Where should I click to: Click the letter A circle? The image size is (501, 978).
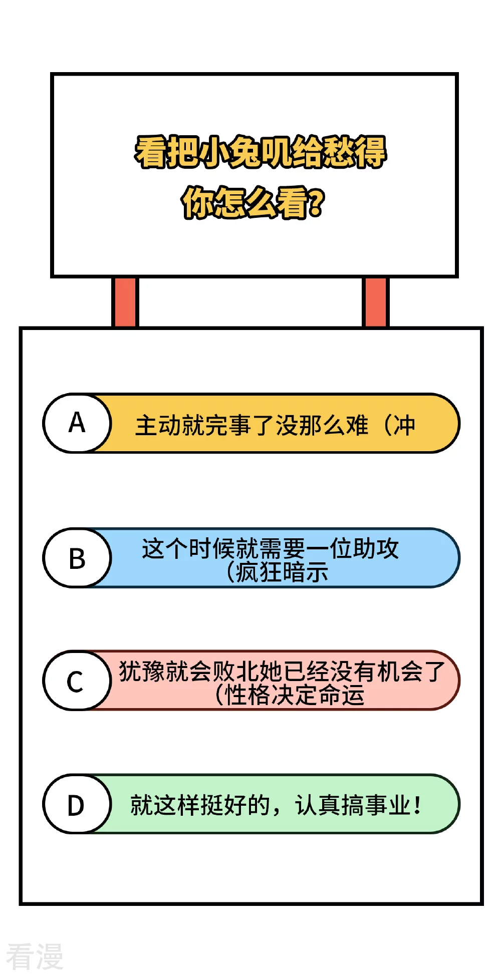(77, 423)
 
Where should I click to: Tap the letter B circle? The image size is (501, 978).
(77, 558)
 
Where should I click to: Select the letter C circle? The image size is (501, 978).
(77, 681)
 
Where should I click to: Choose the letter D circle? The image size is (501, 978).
(77, 804)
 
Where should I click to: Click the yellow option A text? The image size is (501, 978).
(275, 426)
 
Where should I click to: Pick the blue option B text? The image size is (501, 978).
(271, 560)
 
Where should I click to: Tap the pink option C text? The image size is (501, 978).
(282, 683)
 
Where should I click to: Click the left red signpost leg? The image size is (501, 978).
(125, 302)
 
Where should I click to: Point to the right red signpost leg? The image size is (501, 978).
(375, 302)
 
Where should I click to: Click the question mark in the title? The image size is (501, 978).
(317, 203)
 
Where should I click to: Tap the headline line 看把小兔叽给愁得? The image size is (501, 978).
(261, 152)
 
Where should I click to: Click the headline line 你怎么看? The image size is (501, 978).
(253, 202)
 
